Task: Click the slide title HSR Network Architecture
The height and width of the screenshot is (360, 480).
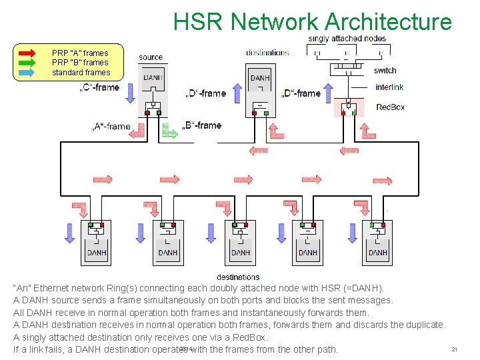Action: pos(312,21)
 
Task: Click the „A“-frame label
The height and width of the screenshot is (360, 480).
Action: pos(111,126)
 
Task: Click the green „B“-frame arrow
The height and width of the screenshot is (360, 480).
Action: pos(171,133)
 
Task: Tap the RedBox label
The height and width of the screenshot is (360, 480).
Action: pos(390,107)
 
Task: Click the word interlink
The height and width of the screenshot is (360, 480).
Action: pos(389,87)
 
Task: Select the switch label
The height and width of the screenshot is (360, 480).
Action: pos(385,70)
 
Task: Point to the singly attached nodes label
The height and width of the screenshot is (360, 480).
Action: pos(347,39)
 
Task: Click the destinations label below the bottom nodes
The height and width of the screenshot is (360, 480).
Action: pos(238,277)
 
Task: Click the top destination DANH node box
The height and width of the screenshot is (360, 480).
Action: pos(260,90)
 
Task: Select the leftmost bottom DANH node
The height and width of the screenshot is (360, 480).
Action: pos(97,243)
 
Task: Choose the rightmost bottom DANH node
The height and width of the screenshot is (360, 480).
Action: pos(377,243)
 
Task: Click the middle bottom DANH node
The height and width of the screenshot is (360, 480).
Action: pos(240,243)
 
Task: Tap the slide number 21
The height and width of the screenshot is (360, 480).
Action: pos(454,349)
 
